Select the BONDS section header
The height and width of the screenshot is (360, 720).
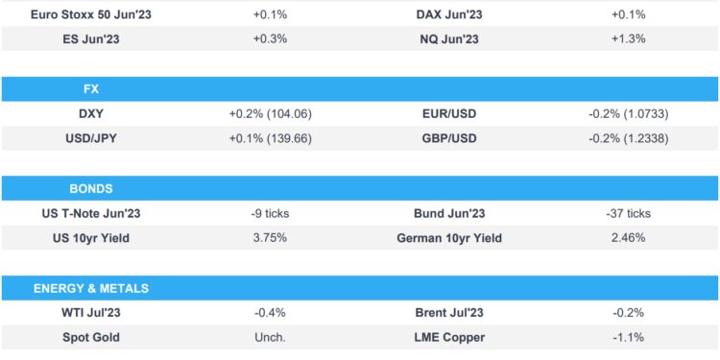pos(92,188)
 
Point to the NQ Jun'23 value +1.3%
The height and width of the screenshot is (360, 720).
pos(630,38)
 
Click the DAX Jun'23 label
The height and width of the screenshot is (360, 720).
pos(449,14)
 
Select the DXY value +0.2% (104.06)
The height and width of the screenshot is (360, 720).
pos(270,113)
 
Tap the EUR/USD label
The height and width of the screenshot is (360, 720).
pos(449,113)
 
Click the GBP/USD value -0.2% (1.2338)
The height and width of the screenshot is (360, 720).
pos(630,138)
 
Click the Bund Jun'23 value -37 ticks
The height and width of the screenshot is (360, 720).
pos(630,213)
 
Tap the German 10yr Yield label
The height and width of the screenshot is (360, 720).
pos(449,238)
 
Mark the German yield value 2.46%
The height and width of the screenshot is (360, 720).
pos(630,238)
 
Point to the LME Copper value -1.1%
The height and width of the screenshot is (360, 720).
pos(630,338)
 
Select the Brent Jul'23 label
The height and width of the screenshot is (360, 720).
pos(449,313)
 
